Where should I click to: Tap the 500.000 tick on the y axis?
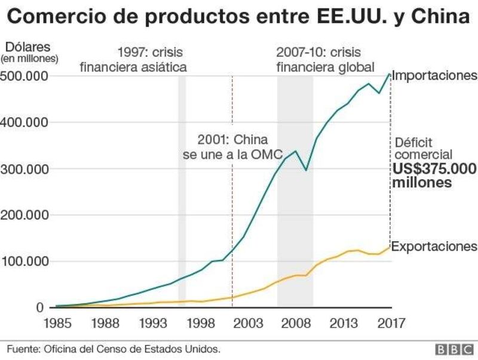coord(24,76)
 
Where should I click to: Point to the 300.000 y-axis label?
coord(24,169)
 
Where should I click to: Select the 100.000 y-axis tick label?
coord(24,261)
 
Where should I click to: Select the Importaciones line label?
coord(434,76)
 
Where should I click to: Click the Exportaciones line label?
coord(434,247)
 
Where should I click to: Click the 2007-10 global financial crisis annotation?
coord(325,59)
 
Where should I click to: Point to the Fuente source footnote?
coord(114,349)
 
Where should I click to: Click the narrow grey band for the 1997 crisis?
coord(182,179)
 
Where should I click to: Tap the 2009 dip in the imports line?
coord(307,170)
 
